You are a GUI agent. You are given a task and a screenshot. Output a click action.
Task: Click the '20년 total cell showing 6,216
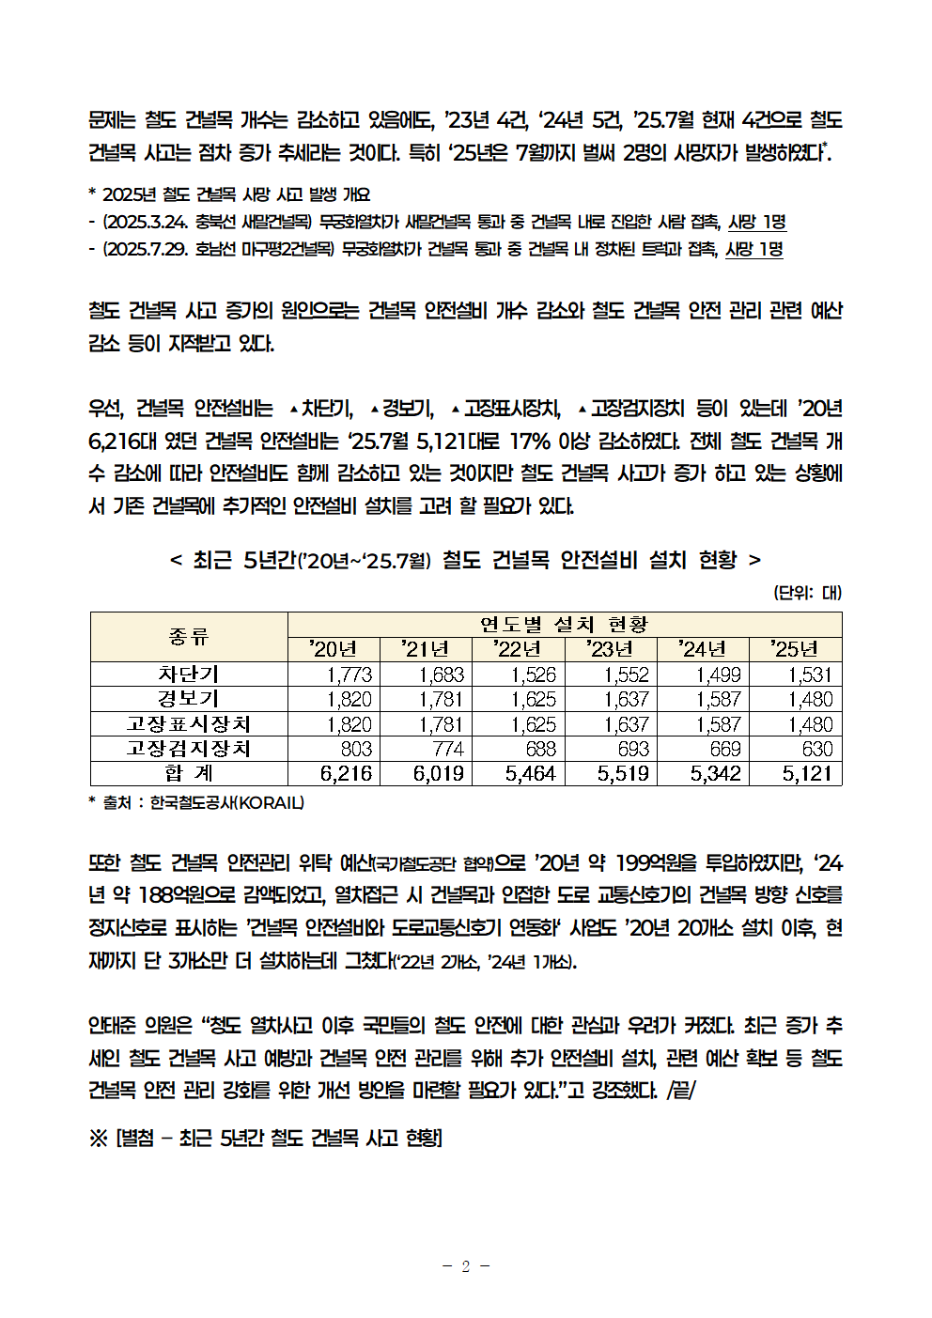pyautogui.click(x=346, y=773)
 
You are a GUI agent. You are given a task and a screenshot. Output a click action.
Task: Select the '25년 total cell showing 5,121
pyautogui.click(x=807, y=773)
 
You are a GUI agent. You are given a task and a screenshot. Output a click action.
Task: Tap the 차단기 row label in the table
pyautogui.click(x=188, y=675)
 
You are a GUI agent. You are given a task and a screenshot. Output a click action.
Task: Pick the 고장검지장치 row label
pyautogui.click(x=188, y=749)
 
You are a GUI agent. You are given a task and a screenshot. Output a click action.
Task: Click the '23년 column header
pyautogui.click(x=610, y=649)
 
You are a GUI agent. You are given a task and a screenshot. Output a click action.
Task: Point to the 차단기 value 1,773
pyautogui.click(x=349, y=675)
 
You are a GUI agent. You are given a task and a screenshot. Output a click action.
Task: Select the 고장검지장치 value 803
pyautogui.click(x=356, y=749)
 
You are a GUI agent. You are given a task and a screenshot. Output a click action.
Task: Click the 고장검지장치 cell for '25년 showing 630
pyautogui.click(x=816, y=749)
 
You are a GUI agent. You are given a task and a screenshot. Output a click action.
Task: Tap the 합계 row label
pyautogui.click(x=188, y=773)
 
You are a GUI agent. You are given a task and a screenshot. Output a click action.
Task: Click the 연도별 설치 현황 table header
pyautogui.click(x=564, y=625)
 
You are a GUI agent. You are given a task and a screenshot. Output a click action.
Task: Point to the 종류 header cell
pyautogui.click(x=188, y=637)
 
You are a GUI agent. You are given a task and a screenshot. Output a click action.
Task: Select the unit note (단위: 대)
pyautogui.click(x=807, y=593)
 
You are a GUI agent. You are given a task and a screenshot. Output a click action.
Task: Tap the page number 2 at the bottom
pyautogui.click(x=465, y=1266)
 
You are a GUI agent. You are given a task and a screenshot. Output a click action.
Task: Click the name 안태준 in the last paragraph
pyautogui.click(x=113, y=1025)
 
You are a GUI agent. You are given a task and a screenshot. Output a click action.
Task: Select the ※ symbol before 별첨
pyautogui.click(x=98, y=1139)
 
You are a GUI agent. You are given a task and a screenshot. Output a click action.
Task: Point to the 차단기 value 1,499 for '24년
pyautogui.click(x=718, y=675)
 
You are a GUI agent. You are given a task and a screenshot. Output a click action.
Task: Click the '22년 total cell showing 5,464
pyautogui.click(x=530, y=773)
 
